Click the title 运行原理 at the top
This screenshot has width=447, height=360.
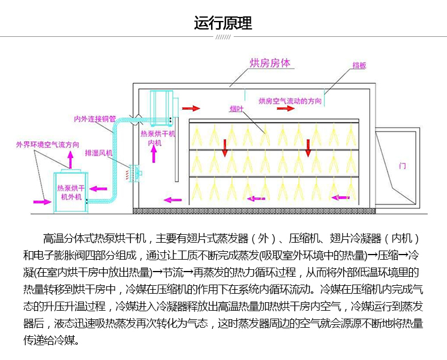tap(223, 24)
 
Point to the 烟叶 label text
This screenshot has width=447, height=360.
tap(237, 108)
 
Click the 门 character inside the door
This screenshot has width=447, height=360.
tap(402, 166)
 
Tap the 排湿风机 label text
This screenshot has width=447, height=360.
tap(99, 153)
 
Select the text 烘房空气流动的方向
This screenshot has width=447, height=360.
tap(290, 101)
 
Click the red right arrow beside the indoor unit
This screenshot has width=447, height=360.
tap(191, 107)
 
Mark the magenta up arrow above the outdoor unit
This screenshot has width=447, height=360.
tap(70, 160)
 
